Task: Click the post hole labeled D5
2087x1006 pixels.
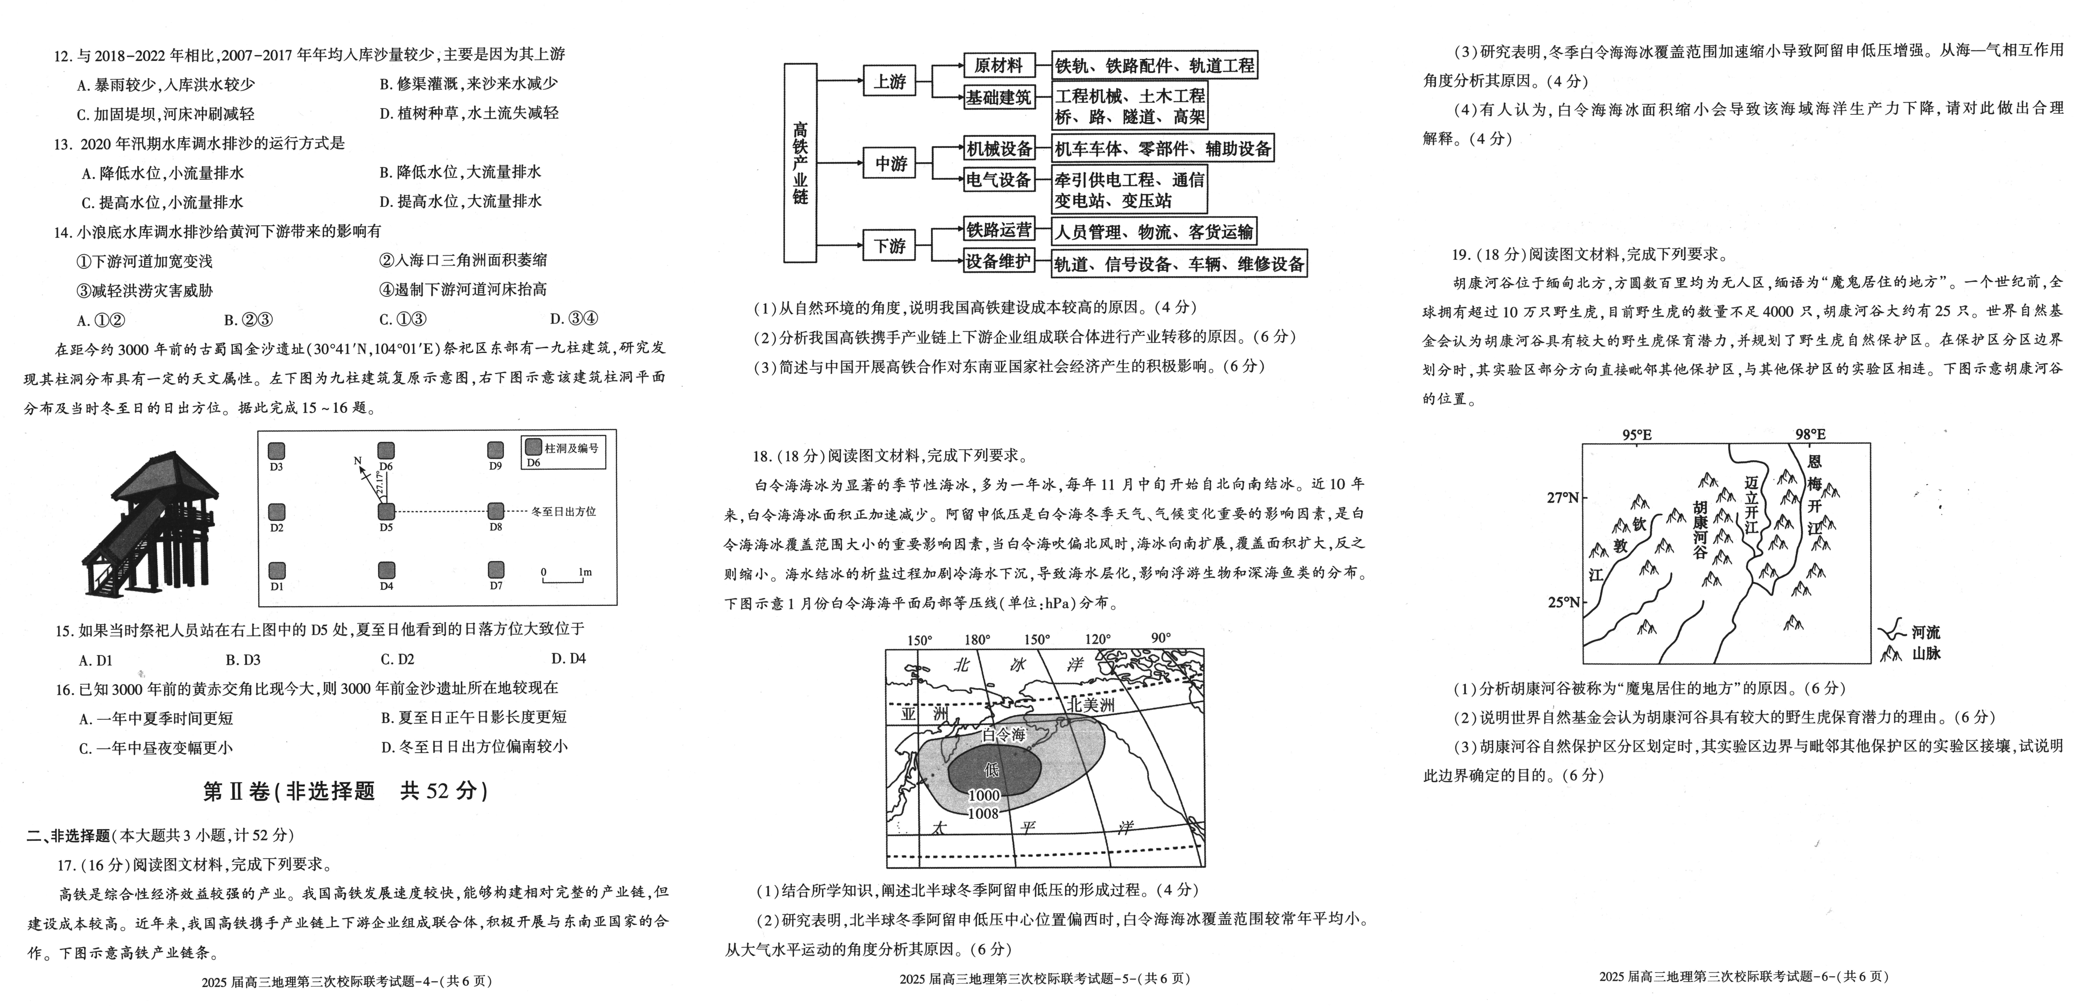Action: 386,511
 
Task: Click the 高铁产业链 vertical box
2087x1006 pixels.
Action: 800,163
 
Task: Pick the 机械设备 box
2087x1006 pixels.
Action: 999,148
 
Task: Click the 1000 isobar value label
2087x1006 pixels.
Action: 984,795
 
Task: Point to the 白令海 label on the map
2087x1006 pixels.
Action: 1004,735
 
